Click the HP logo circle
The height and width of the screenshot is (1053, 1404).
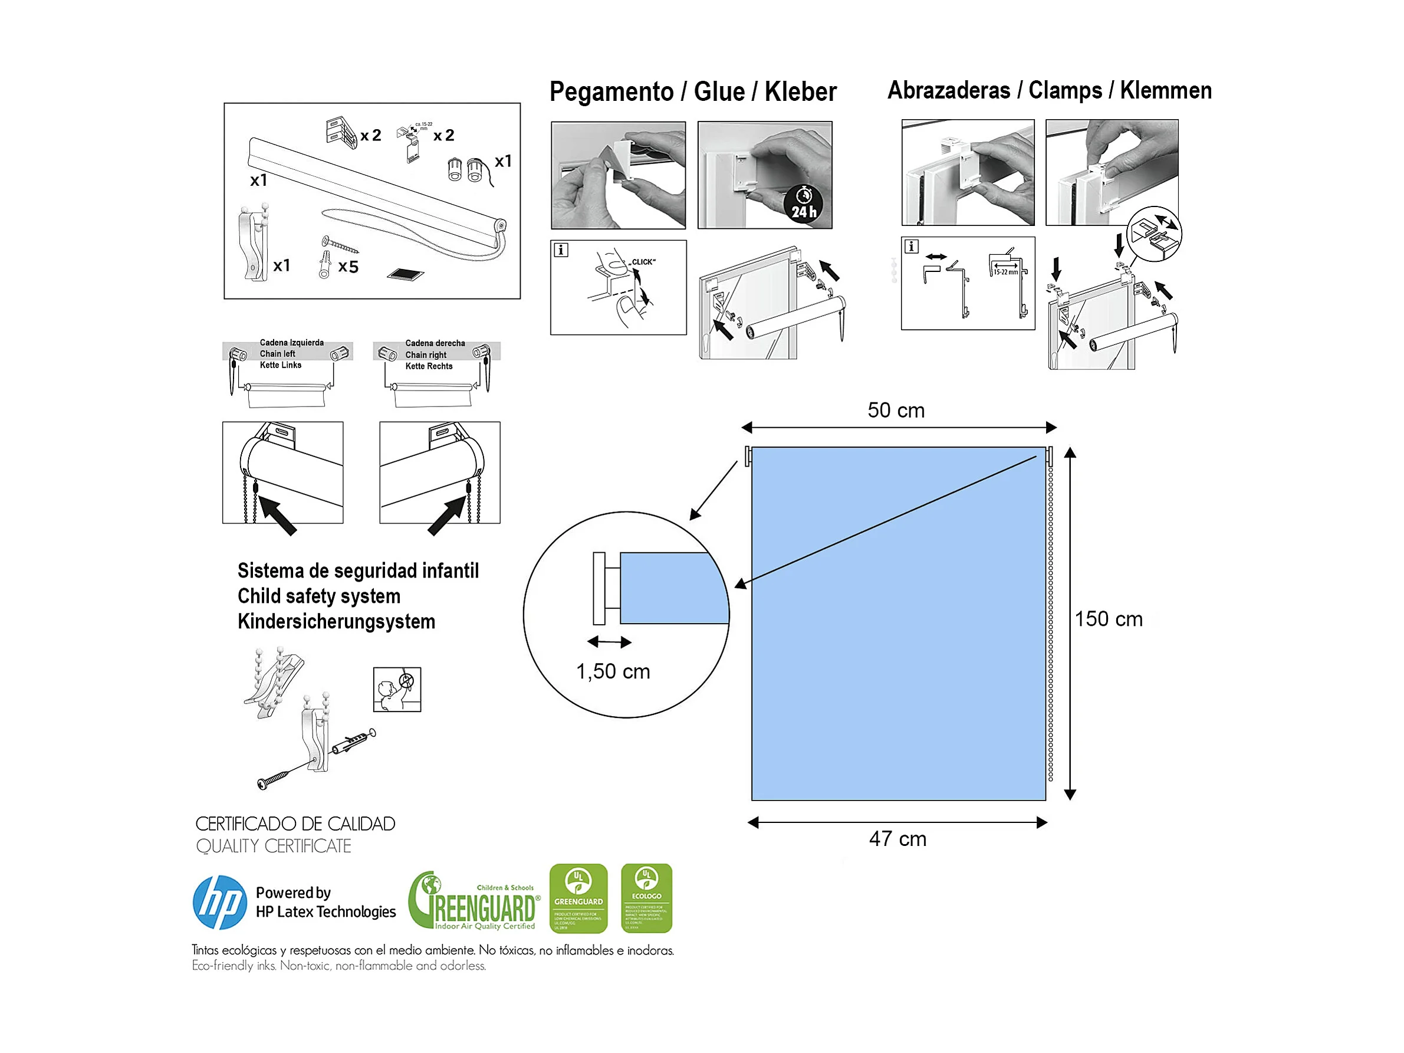[x=219, y=903]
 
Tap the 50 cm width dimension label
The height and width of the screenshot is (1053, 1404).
[x=896, y=410]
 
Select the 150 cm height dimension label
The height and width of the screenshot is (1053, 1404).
[x=1108, y=619]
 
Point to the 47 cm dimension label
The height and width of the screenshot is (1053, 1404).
[x=897, y=839]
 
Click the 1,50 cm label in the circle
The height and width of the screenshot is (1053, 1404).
[x=613, y=671]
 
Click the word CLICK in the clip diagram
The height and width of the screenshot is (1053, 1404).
[x=643, y=262]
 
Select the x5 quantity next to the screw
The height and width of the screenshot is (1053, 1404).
[x=348, y=267]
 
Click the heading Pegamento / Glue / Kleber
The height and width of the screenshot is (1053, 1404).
[x=692, y=91]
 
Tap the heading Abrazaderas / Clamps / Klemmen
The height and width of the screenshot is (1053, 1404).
[x=1049, y=90]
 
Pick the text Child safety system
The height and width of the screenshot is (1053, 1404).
[x=318, y=596]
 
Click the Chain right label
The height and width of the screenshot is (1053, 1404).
[x=425, y=355]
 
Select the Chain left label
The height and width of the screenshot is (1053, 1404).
[x=277, y=354]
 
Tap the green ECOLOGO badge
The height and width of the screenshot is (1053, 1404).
[x=646, y=898]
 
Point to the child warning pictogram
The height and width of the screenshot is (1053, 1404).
[x=397, y=689]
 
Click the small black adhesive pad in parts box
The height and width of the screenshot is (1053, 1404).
[x=405, y=274]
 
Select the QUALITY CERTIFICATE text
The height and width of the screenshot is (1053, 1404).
[x=274, y=847]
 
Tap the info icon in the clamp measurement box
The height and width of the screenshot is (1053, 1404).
[x=911, y=247]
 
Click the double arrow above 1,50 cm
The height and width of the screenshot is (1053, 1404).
[x=609, y=642]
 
